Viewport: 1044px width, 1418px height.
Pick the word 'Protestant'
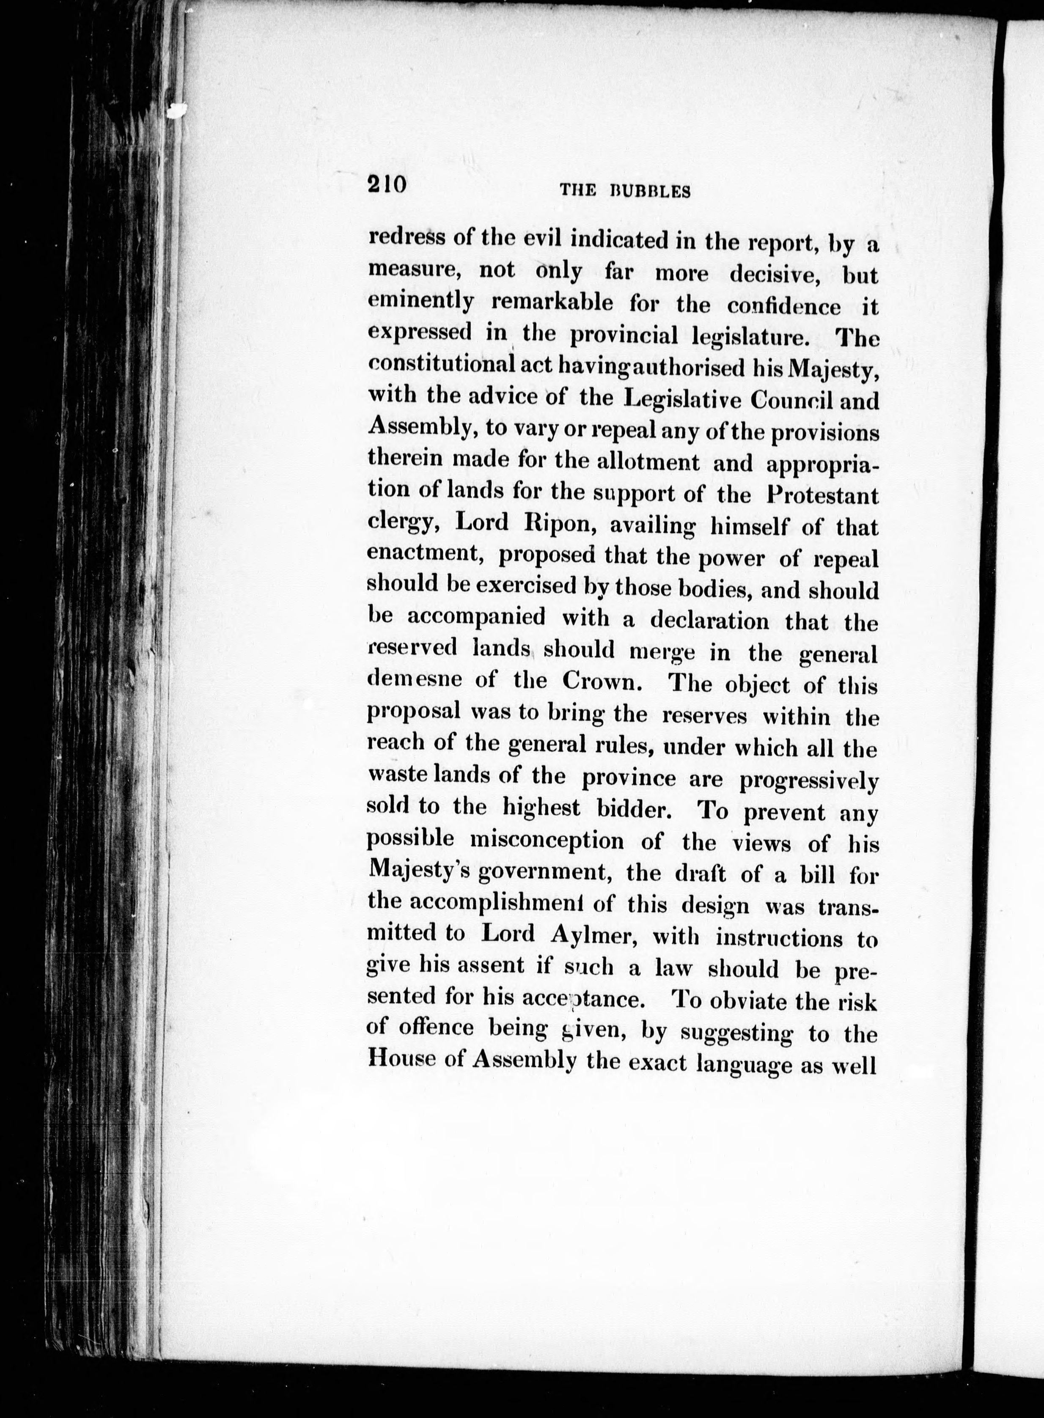(822, 495)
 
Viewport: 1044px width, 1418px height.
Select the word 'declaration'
(710, 620)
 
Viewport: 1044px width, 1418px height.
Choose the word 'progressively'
(808, 780)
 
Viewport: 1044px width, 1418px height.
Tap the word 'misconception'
(547, 841)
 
